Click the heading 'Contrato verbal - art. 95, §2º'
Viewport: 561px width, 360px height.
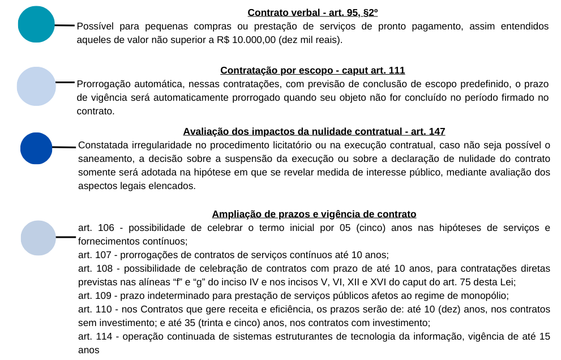[x=312, y=12]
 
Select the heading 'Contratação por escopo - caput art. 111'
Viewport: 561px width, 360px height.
[x=312, y=71]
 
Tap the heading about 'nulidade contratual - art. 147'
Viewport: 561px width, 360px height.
[x=314, y=132]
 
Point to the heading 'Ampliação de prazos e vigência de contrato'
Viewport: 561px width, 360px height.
[x=314, y=214]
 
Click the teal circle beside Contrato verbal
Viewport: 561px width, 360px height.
[x=36, y=24]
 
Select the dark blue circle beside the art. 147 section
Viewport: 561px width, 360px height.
[x=36, y=148]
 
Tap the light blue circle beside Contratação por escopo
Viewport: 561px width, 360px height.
[x=36, y=86]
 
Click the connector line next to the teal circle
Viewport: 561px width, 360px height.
[x=65, y=25]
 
